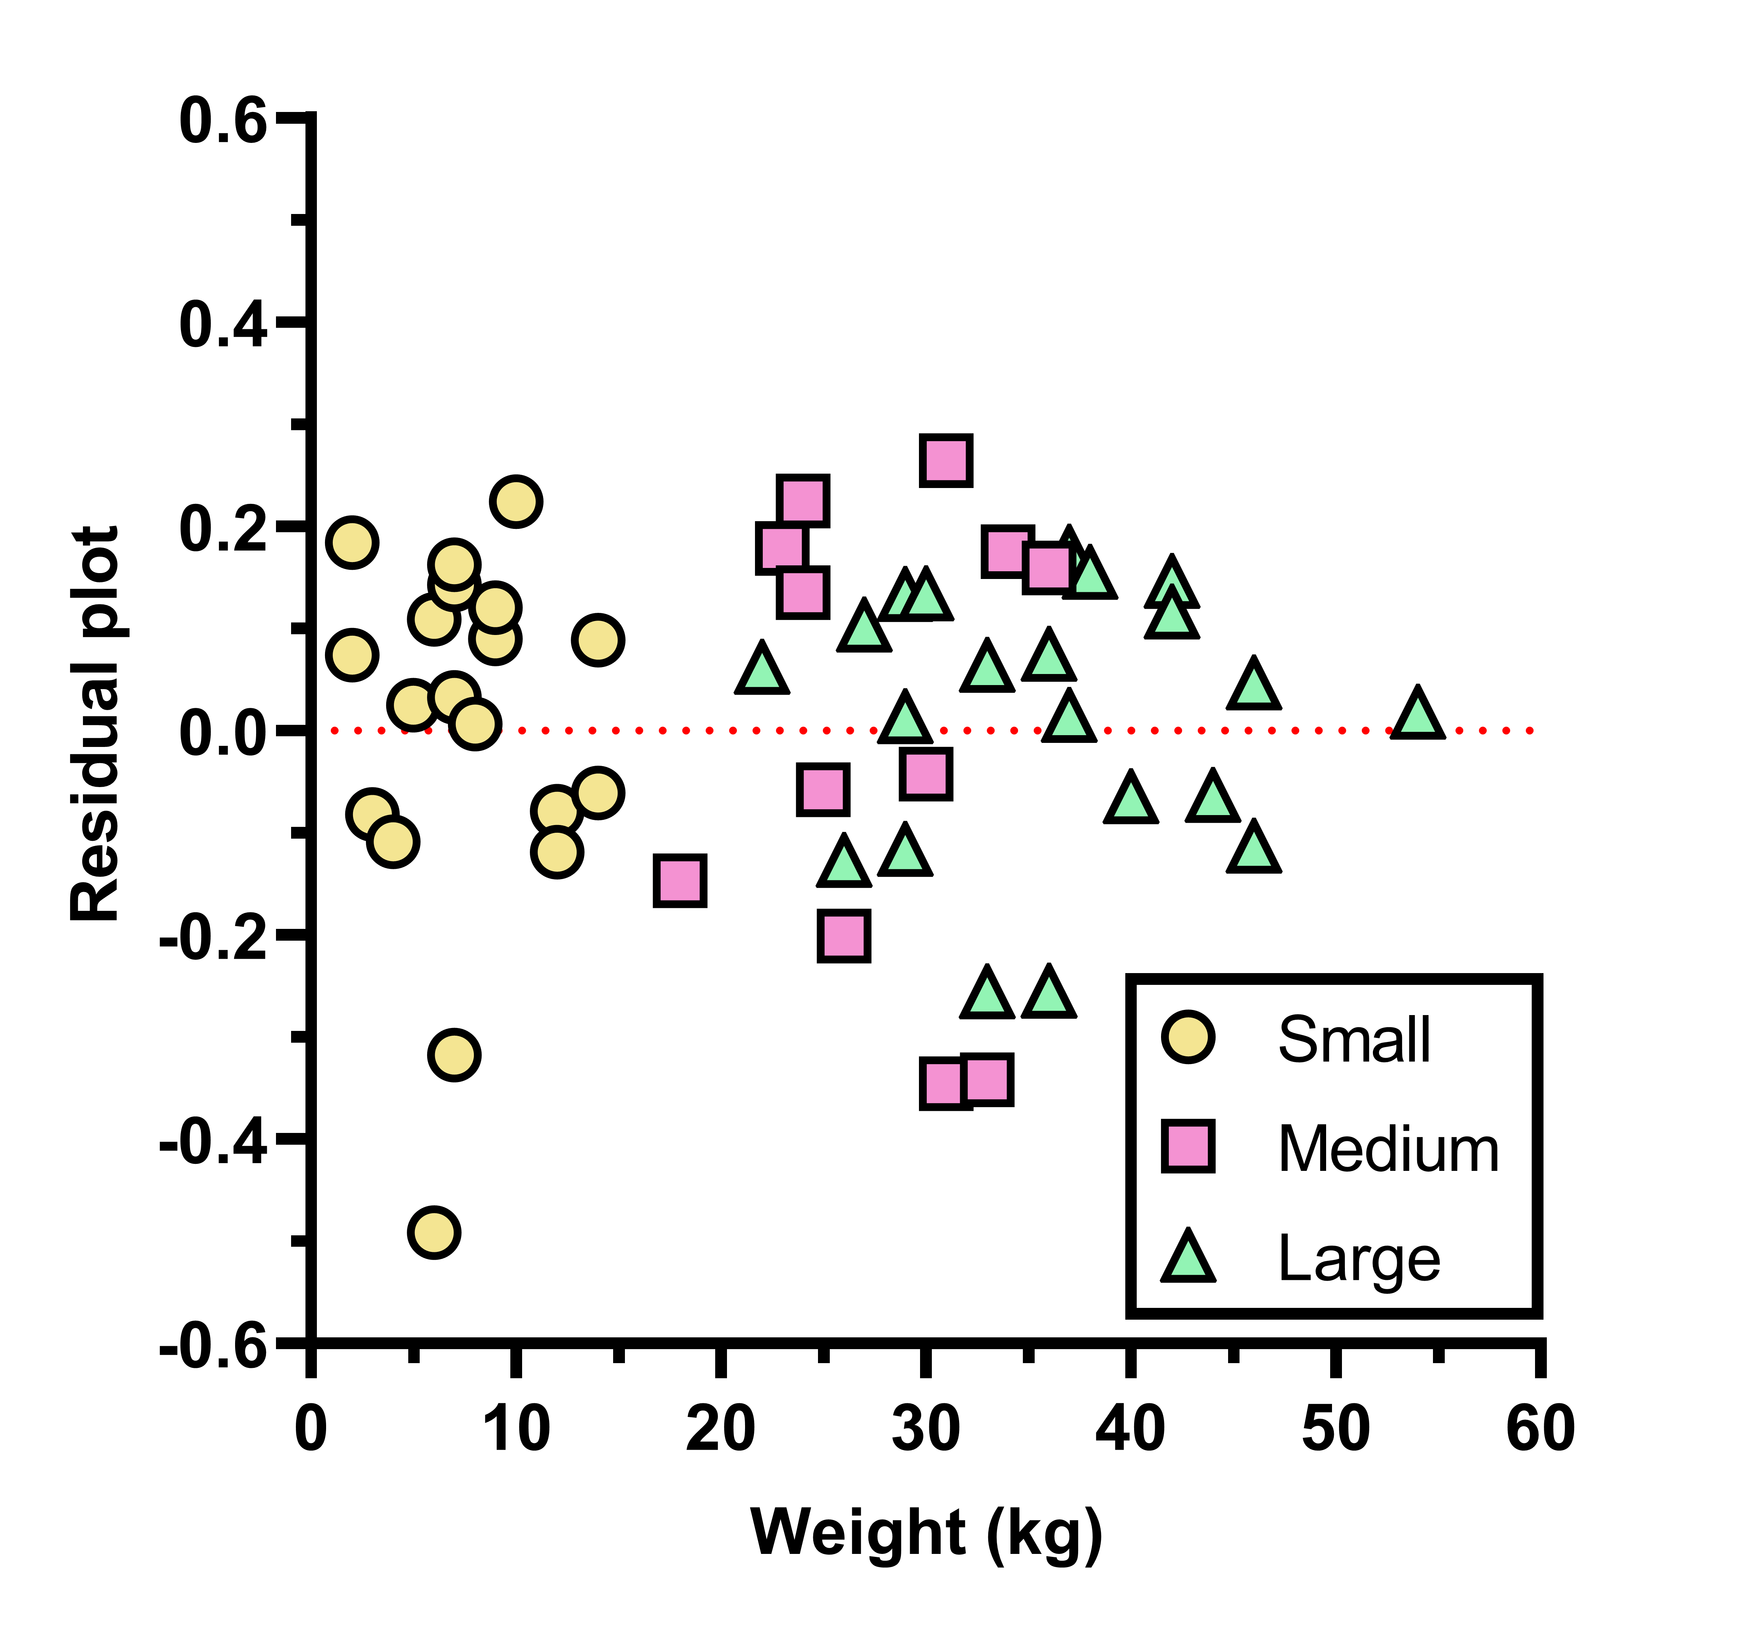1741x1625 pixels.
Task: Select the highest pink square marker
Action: pos(946,460)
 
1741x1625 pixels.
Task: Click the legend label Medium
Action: pos(1388,1149)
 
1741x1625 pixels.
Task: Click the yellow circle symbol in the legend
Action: pos(1188,1038)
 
